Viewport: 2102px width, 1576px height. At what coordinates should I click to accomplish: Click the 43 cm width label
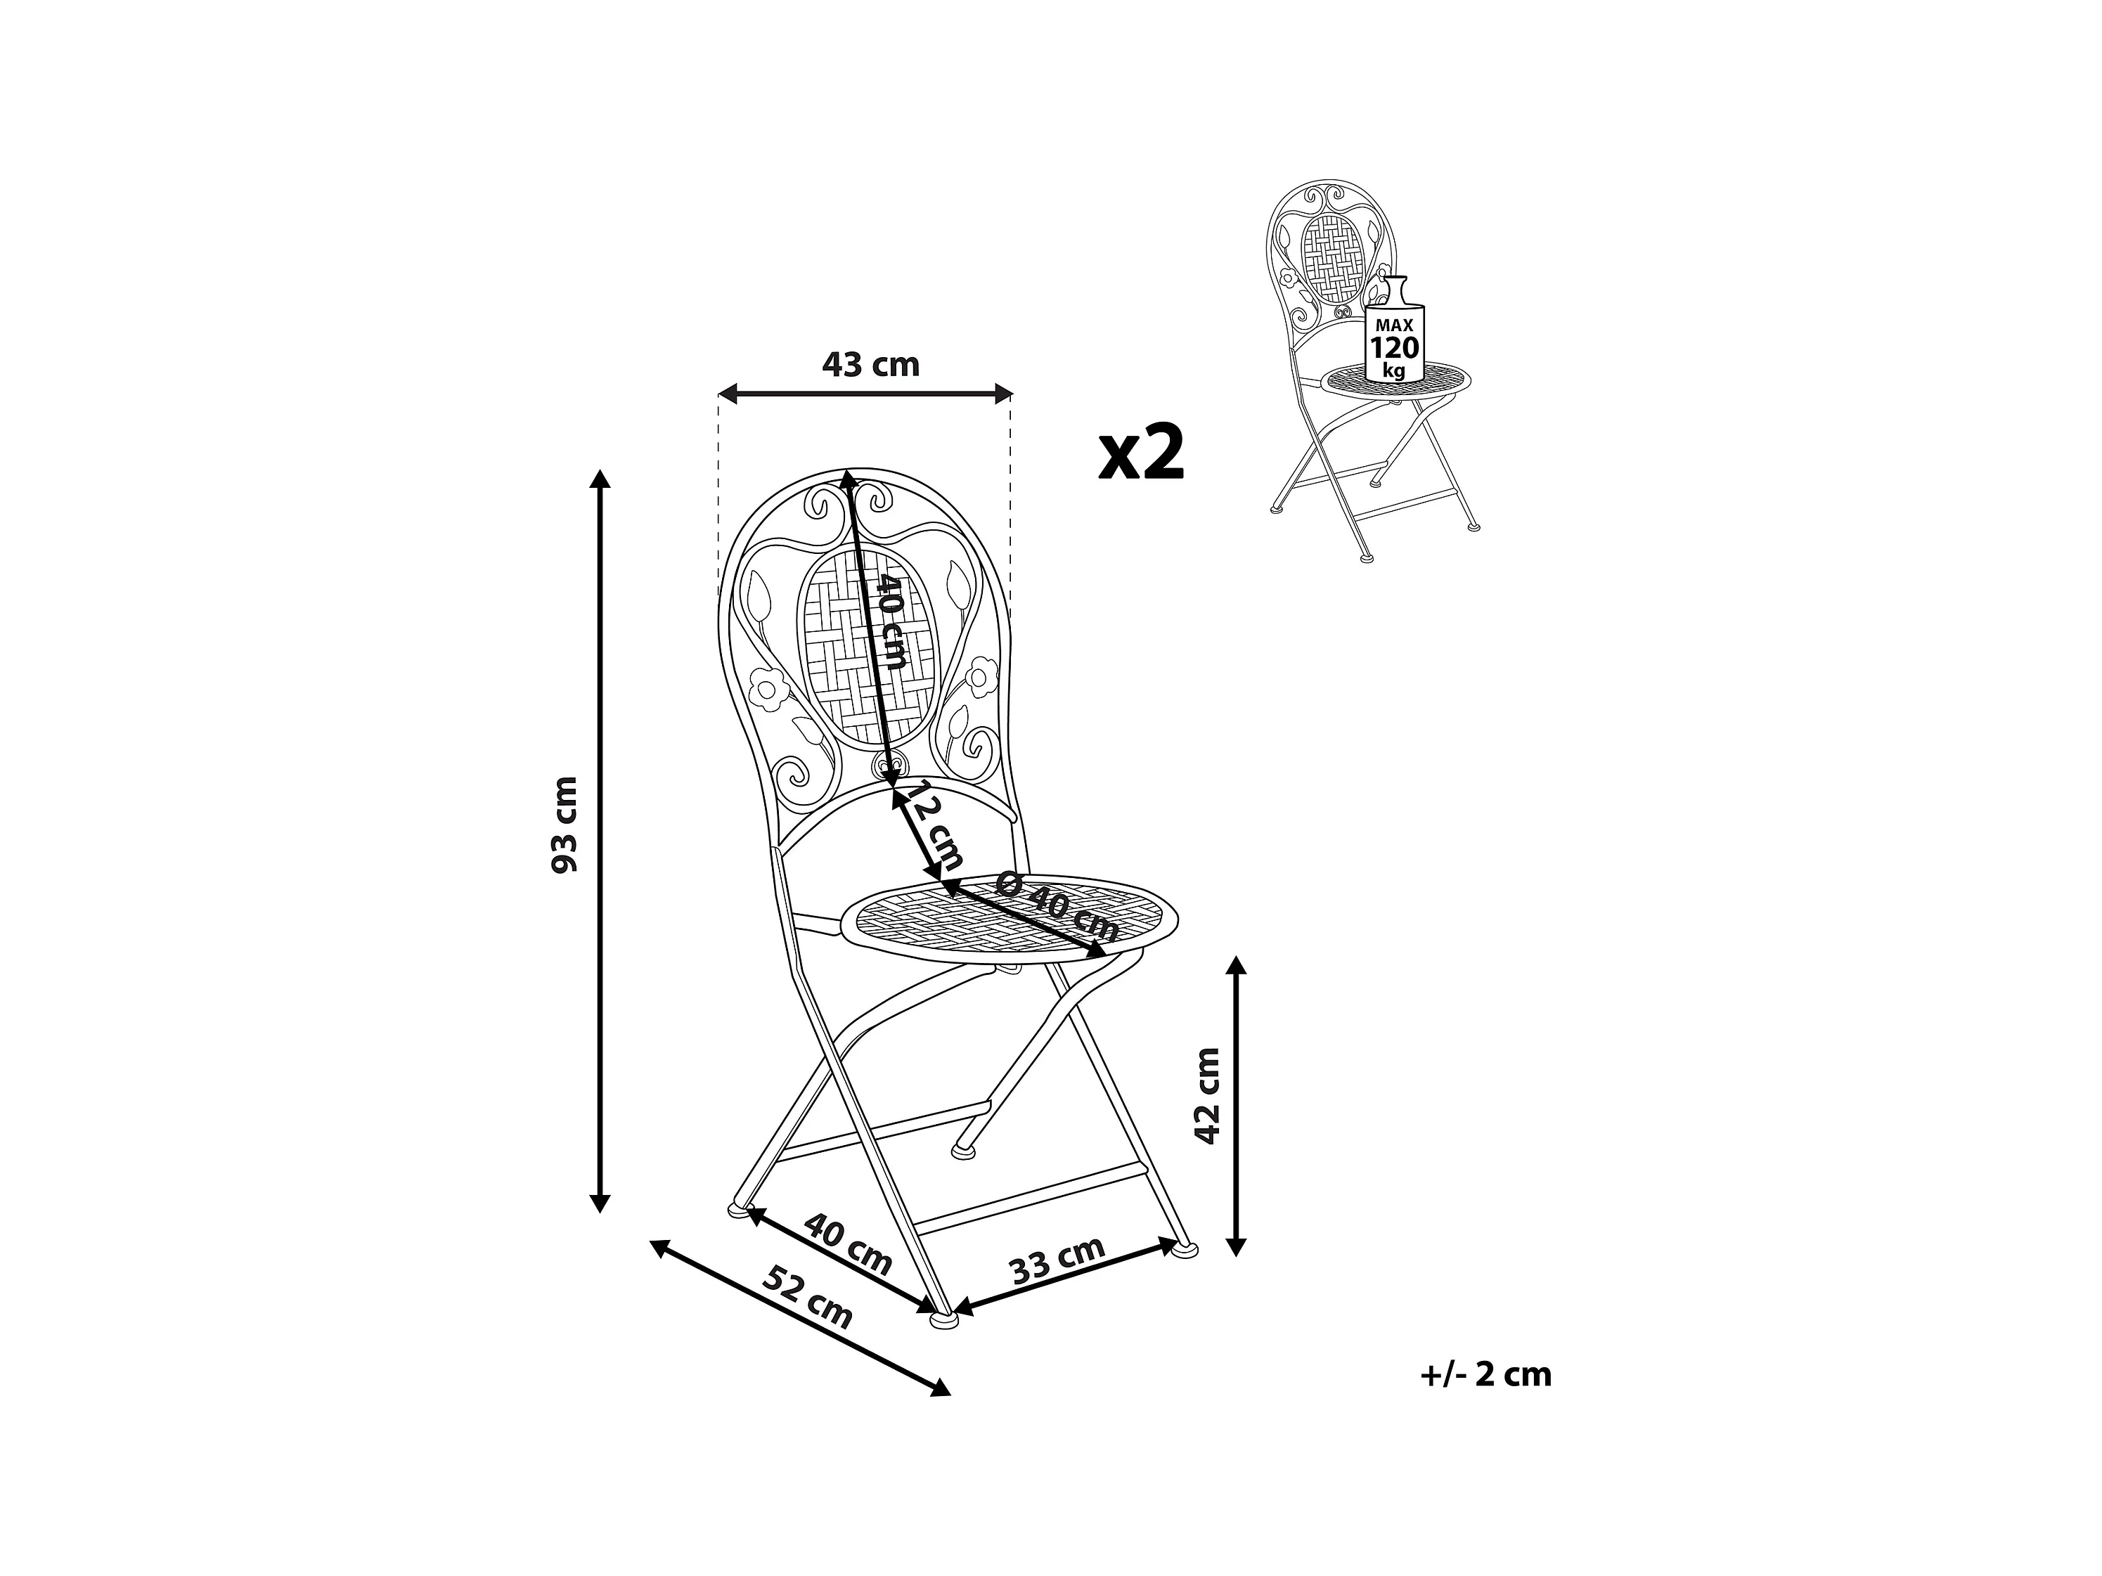(x=870, y=365)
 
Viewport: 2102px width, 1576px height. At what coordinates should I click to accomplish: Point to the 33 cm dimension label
(x=1057, y=1260)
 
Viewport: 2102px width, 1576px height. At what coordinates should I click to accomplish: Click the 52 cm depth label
(x=808, y=1298)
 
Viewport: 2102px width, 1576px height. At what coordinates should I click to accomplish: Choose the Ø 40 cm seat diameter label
(x=1057, y=905)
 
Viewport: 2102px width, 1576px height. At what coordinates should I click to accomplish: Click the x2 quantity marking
(x=1142, y=454)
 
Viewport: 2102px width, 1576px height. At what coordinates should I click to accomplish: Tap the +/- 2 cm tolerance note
(x=1486, y=1374)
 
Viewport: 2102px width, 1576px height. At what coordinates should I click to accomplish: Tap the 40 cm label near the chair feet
(x=848, y=1244)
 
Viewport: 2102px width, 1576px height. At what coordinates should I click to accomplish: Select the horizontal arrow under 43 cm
(x=865, y=392)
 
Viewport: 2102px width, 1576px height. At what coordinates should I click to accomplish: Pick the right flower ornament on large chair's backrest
(x=978, y=678)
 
